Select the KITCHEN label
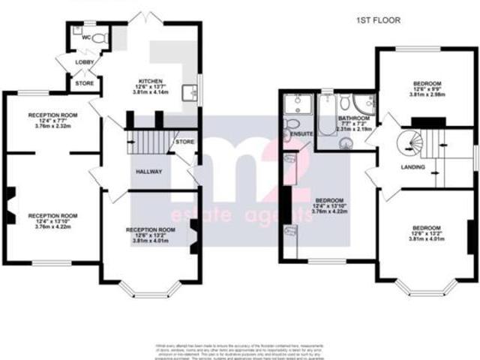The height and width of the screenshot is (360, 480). pos(151,81)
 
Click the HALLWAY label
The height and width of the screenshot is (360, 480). pos(148,171)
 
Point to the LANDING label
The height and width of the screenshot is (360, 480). pos(412,166)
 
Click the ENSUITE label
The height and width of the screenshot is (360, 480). pos(299,133)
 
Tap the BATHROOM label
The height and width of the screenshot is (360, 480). pos(353,118)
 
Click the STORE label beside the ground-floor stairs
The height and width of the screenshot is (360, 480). pos(184,142)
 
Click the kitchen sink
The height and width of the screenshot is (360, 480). pos(193,93)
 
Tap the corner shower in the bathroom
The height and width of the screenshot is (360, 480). pos(365,103)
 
